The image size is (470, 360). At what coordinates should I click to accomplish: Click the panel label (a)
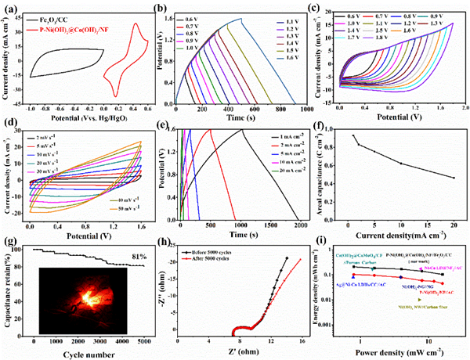(x=11, y=9)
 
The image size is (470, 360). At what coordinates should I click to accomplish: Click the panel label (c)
(x=326, y=9)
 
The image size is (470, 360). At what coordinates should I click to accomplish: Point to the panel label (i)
(x=324, y=247)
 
